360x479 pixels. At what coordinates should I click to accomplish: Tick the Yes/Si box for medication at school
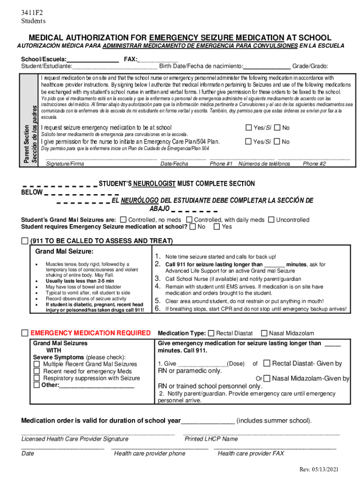(x=262, y=128)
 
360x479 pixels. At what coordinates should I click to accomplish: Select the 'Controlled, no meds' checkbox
(x=123, y=220)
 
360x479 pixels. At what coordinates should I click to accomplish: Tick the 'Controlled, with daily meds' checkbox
(x=189, y=220)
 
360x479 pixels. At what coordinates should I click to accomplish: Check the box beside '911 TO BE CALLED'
(x=25, y=241)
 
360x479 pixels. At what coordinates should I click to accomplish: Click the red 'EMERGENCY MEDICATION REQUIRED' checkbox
(x=25, y=333)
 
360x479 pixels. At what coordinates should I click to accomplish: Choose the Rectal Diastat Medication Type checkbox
(x=211, y=333)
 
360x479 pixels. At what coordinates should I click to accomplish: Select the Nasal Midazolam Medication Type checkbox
(x=264, y=333)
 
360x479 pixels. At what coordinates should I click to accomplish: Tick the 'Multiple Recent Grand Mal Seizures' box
(x=37, y=364)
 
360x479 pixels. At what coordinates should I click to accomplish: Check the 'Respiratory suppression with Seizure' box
(x=37, y=378)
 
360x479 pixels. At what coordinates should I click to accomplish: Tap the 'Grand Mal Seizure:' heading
(x=65, y=252)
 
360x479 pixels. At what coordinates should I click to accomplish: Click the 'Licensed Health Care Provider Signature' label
(x=75, y=439)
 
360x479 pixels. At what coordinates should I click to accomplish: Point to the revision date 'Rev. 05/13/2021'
(x=319, y=469)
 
